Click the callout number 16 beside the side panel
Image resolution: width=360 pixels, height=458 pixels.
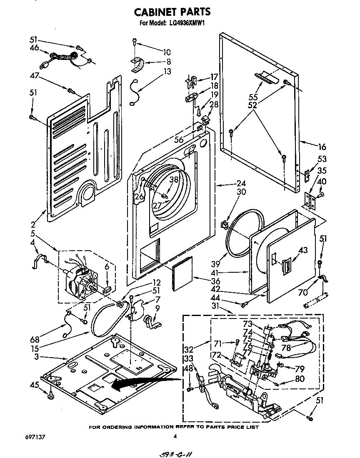click(x=322, y=147)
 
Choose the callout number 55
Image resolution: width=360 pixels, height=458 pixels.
click(x=253, y=97)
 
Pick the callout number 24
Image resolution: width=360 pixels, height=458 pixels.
click(x=241, y=183)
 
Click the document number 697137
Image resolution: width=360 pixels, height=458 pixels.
click(x=34, y=437)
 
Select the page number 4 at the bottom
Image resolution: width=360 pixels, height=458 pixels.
click(x=175, y=436)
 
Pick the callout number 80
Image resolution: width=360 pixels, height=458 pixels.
click(x=299, y=379)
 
